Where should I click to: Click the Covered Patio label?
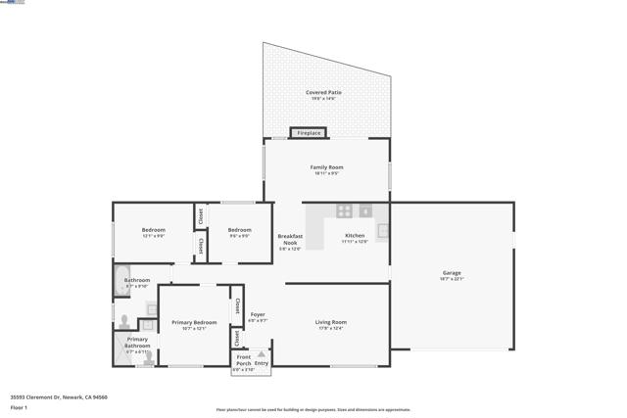click(324, 92)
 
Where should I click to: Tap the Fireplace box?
click(309, 133)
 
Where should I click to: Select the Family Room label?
click(326, 167)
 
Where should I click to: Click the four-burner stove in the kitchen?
click(344, 210)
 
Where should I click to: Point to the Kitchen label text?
click(355, 235)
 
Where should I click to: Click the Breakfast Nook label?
click(290, 239)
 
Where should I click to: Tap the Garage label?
click(452, 273)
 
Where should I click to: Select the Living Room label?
click(330, 322)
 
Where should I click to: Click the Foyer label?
click(258, 315)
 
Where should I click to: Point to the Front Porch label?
click(243, 360)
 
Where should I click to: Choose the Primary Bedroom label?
click(194, 322)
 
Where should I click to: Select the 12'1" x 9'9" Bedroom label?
click(154, 230)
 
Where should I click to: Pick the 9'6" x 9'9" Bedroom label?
click(239, 230)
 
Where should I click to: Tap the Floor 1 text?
click(19, 407)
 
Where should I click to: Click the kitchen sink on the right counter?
click(383, 232)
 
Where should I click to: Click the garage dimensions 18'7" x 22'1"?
click(452, 279)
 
